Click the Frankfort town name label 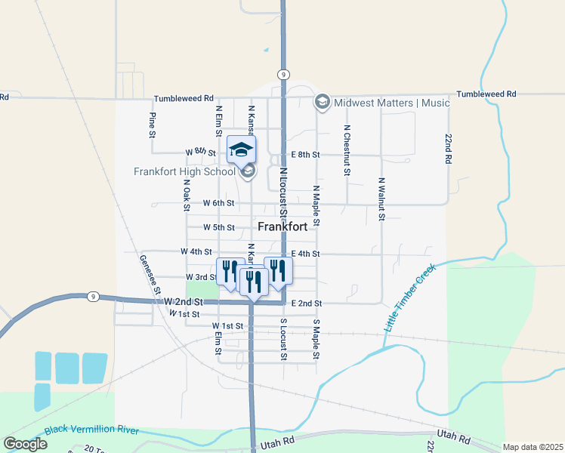[282, 226]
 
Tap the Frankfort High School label [184, 171]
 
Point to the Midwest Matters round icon [323, 103]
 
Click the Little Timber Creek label [410, 298]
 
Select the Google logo [25, 444]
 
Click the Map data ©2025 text [533, 447]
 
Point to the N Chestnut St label [347, 150]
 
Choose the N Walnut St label [381, 199]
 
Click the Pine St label [152, 125]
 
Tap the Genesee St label [150, 274]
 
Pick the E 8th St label [306, 155]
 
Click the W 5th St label [219, 227]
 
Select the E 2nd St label [307, 304]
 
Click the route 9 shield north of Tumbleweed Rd [282, 74]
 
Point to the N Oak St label [186, 196]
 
